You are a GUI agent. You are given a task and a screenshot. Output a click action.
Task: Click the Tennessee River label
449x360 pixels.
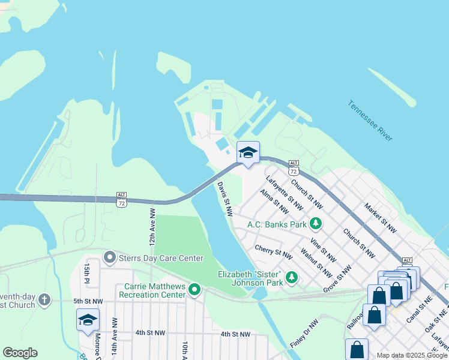(x=370, y=121)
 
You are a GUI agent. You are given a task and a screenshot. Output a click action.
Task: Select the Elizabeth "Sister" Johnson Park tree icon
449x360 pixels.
(x=291, y=277)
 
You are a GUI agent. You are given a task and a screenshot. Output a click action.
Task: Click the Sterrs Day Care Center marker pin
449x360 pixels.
(x=109, y=258)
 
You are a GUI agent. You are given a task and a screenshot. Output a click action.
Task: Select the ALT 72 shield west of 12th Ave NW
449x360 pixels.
(x=122, y=200)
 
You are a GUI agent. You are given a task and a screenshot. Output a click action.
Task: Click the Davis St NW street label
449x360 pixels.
(x=224, y=199)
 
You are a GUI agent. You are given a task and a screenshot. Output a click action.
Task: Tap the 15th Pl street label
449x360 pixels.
(x=87, y=273)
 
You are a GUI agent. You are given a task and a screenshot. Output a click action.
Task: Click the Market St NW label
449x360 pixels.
(x=380, y=217)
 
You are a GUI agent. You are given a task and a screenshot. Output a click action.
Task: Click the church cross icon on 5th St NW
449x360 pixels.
(x=44, y=299)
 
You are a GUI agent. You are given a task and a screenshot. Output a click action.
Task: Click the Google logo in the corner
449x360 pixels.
(x=20, y=353)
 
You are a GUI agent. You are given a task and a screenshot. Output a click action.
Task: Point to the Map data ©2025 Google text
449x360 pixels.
(x=411, y=355)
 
